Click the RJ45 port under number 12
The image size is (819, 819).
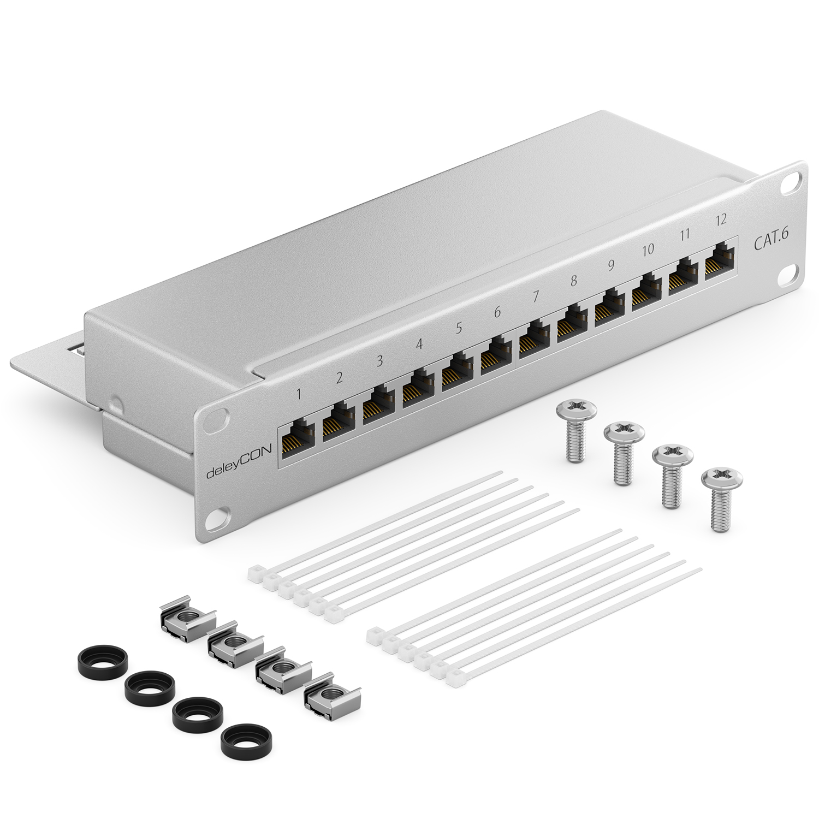click(720, 263)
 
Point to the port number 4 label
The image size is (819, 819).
click(419, 345)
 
